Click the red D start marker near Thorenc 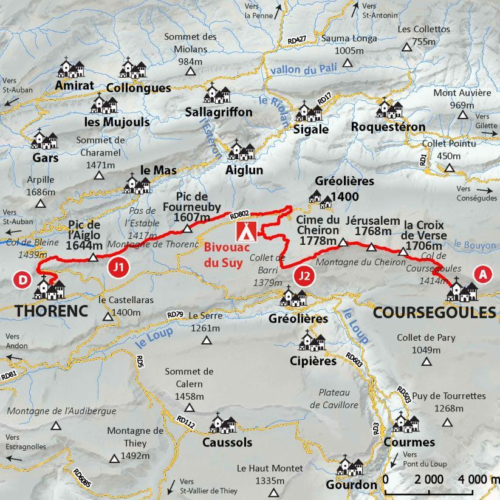(x=22, y=279)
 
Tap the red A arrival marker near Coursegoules (x=483, y=274)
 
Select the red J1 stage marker (x=119, y=266)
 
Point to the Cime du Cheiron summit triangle (x=343, y=242)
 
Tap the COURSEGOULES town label (x=434, y=312)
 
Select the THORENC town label (x=52, y=310)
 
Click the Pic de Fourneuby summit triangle (x=188, y=229)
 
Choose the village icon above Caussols (x=223, y=423)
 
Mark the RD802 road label (x=240, y=214)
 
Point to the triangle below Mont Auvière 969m (x=463, y=115)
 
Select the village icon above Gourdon (x=351, y=465)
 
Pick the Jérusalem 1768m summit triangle (x=372, y=247)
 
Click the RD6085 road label (x=82, y=478)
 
